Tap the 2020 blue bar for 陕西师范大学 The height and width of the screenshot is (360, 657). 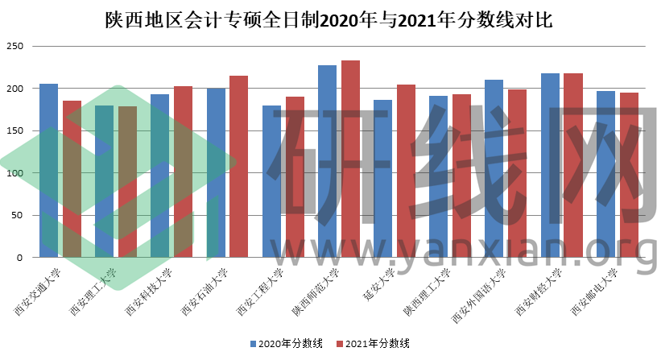(327, 161)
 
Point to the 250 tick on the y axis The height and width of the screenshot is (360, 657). (14, 46)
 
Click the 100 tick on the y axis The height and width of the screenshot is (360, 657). (14, 173)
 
